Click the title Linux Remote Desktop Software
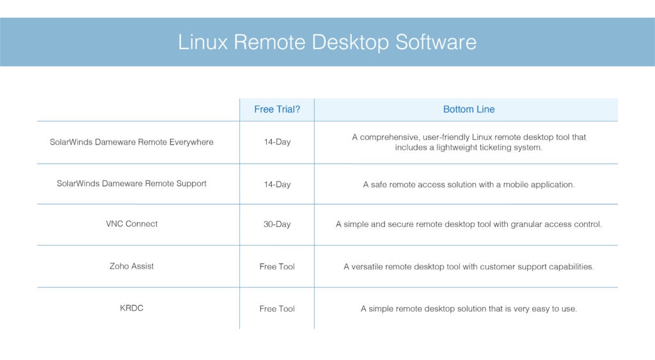pos(327,42)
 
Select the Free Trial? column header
pos(277,109)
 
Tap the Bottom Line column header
pos(469,109)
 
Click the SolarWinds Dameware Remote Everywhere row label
pos(132,142)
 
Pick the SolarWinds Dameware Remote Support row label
pos(132,184)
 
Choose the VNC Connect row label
pos(132,224)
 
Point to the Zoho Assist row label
pos(132,266)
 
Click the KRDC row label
pos(132,308)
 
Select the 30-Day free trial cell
pos(277,224)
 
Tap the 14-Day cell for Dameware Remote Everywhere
pos(277,142)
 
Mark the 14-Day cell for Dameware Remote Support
pos(277,184)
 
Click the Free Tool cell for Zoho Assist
pos(277,267)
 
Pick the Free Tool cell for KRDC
pos(277,309)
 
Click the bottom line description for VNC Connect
pos(469,224)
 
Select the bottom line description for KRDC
pos(469,309)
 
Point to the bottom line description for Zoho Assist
pos(469,267)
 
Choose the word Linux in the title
pos(203,42)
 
